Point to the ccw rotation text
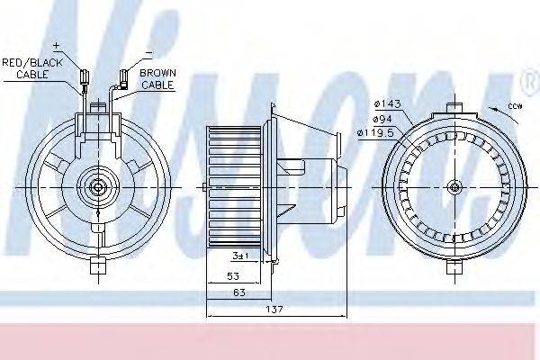coord(515,106)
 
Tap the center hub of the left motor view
coord(97,187)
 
